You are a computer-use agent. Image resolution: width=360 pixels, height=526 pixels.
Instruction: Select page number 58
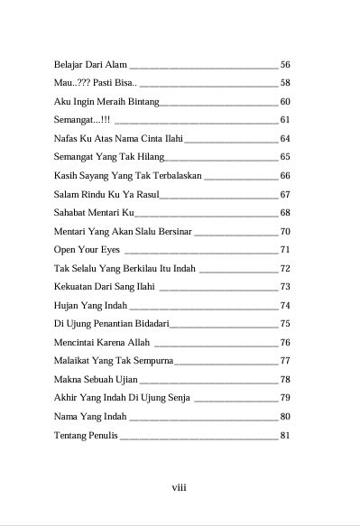pos(285,83)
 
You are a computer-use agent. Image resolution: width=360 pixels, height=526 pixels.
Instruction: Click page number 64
pos(285,139)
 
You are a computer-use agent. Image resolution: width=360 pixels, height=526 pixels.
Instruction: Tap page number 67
pos(285,194)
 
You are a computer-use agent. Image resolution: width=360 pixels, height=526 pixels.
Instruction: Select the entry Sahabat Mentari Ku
pos(94,213)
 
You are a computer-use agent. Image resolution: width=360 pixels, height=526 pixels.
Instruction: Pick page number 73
pos(285,287)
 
